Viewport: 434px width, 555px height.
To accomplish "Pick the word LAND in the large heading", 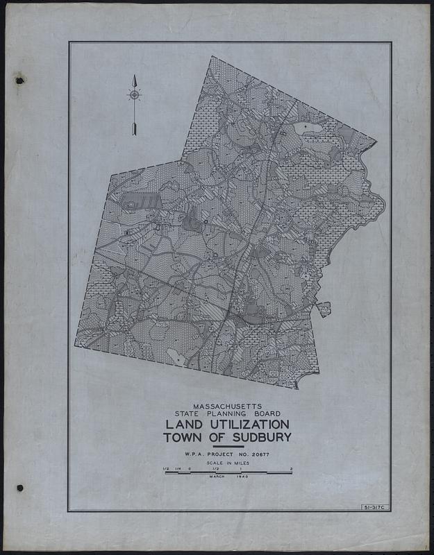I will click(184, 424).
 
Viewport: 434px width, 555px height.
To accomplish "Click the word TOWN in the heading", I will click(182, 438).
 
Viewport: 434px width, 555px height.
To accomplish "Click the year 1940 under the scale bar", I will click(242, 477).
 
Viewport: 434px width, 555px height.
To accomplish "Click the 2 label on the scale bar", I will click(292, 469).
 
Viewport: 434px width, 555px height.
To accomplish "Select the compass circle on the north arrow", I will click(133, 94).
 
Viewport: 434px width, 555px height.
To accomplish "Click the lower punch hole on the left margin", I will click(19, 488).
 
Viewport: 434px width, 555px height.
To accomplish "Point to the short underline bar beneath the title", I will click(227, 447).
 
